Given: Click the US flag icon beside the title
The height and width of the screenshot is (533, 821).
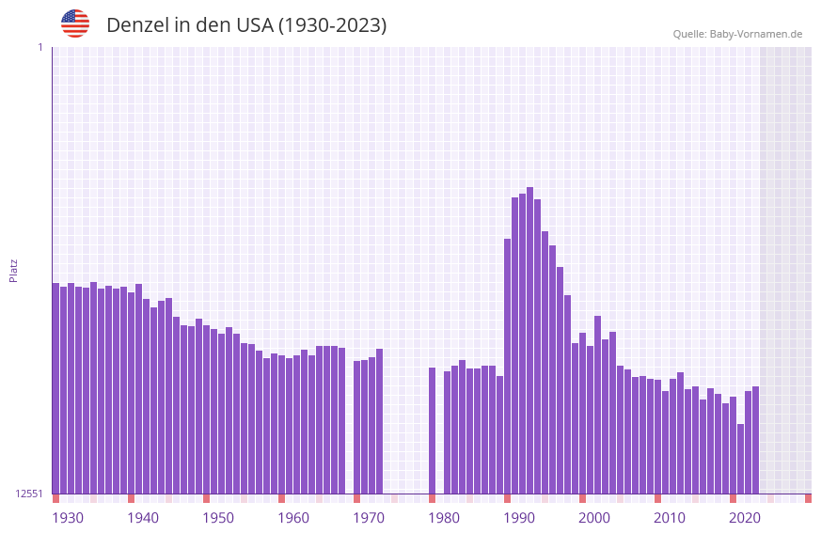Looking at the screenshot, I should tap(75, 24).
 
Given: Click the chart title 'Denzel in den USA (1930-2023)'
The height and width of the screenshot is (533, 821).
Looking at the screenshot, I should tap(246, 25).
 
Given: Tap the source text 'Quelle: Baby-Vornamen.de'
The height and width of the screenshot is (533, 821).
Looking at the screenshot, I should tap(737, 34).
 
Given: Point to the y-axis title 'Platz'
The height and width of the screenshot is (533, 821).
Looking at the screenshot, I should tap(13, 270).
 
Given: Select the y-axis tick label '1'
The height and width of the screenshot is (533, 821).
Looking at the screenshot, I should tap(39, 47).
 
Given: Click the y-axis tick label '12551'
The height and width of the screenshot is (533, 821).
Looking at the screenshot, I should tap(29, 494).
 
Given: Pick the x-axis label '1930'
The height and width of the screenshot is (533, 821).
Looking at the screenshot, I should tap(68, 518).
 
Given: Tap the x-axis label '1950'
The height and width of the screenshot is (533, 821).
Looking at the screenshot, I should tap(218, 518).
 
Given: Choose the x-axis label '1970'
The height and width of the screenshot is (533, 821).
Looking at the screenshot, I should tap(369, 518).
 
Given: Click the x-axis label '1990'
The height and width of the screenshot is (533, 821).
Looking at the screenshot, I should tap(519, 518).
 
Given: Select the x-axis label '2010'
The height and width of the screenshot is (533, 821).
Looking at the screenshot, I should tap(670, 518).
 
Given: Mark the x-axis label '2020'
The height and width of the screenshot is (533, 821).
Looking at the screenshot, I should tap(745, 518).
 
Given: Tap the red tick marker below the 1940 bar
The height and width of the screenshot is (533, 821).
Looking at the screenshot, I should tap(131, 498).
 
